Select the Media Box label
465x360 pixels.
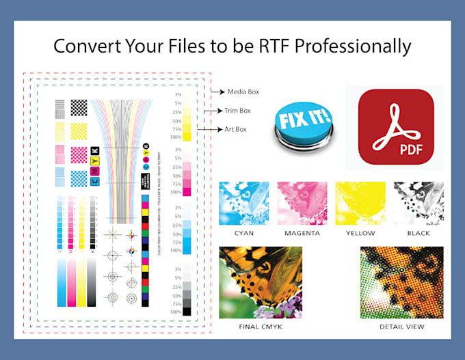tap(243, 91)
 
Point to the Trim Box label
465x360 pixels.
tap(238, 110)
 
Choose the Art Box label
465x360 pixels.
tap(236, 129)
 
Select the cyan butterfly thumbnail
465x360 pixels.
tap(243, 203)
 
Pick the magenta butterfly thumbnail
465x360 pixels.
tap(302, 203)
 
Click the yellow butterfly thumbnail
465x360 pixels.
tap(360, 203)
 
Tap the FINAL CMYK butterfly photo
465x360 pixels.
tap(261, 282)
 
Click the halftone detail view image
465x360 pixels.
tap(401, 282)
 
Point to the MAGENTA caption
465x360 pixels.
tap(302, 233)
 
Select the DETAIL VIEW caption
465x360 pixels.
tap(401, 327)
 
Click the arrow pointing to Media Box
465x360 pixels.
tap(217, 91)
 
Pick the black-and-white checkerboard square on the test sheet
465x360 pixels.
tap(79, 107)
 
